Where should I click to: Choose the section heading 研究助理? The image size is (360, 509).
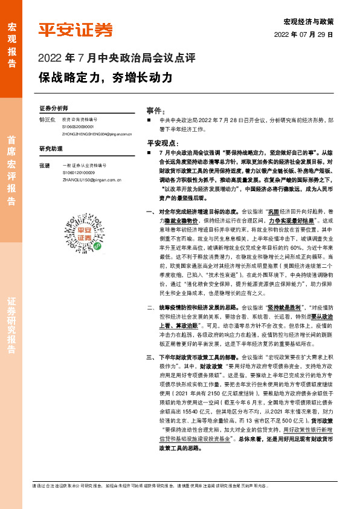click(x=51, y=148)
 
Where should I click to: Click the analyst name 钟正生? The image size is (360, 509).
click(x=47, y=120)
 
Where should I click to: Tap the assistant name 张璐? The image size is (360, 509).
click(x=44, y=164)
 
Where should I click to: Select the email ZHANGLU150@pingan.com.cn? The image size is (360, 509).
click(x=92, y=179)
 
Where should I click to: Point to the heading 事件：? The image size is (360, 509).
click(x=156, y=111)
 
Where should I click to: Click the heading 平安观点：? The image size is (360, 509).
click(x=161, y=143)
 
